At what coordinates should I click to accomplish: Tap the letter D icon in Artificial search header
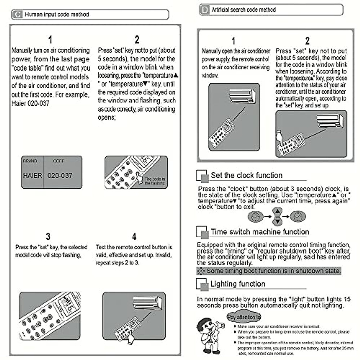(x=205, y=10)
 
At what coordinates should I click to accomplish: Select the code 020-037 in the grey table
(x=60, y=175)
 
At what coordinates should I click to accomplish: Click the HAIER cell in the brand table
(x=32, y=175)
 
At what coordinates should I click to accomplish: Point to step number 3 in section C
(x=48, y=236)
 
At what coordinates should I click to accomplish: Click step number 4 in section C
(x=134, y=237)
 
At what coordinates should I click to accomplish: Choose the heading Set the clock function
(x=246, y=175)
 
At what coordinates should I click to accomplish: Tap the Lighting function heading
(x=238, y=284)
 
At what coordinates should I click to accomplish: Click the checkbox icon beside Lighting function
(x=202, y=284)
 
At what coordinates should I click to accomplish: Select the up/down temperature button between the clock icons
(x=277, y=216)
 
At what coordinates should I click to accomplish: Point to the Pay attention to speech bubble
(x=244, y=317)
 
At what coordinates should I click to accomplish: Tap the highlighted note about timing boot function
(x=269, y=271)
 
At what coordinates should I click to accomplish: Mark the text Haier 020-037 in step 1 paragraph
(x=30, y=103)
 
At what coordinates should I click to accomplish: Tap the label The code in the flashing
(x=154, y=181)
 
